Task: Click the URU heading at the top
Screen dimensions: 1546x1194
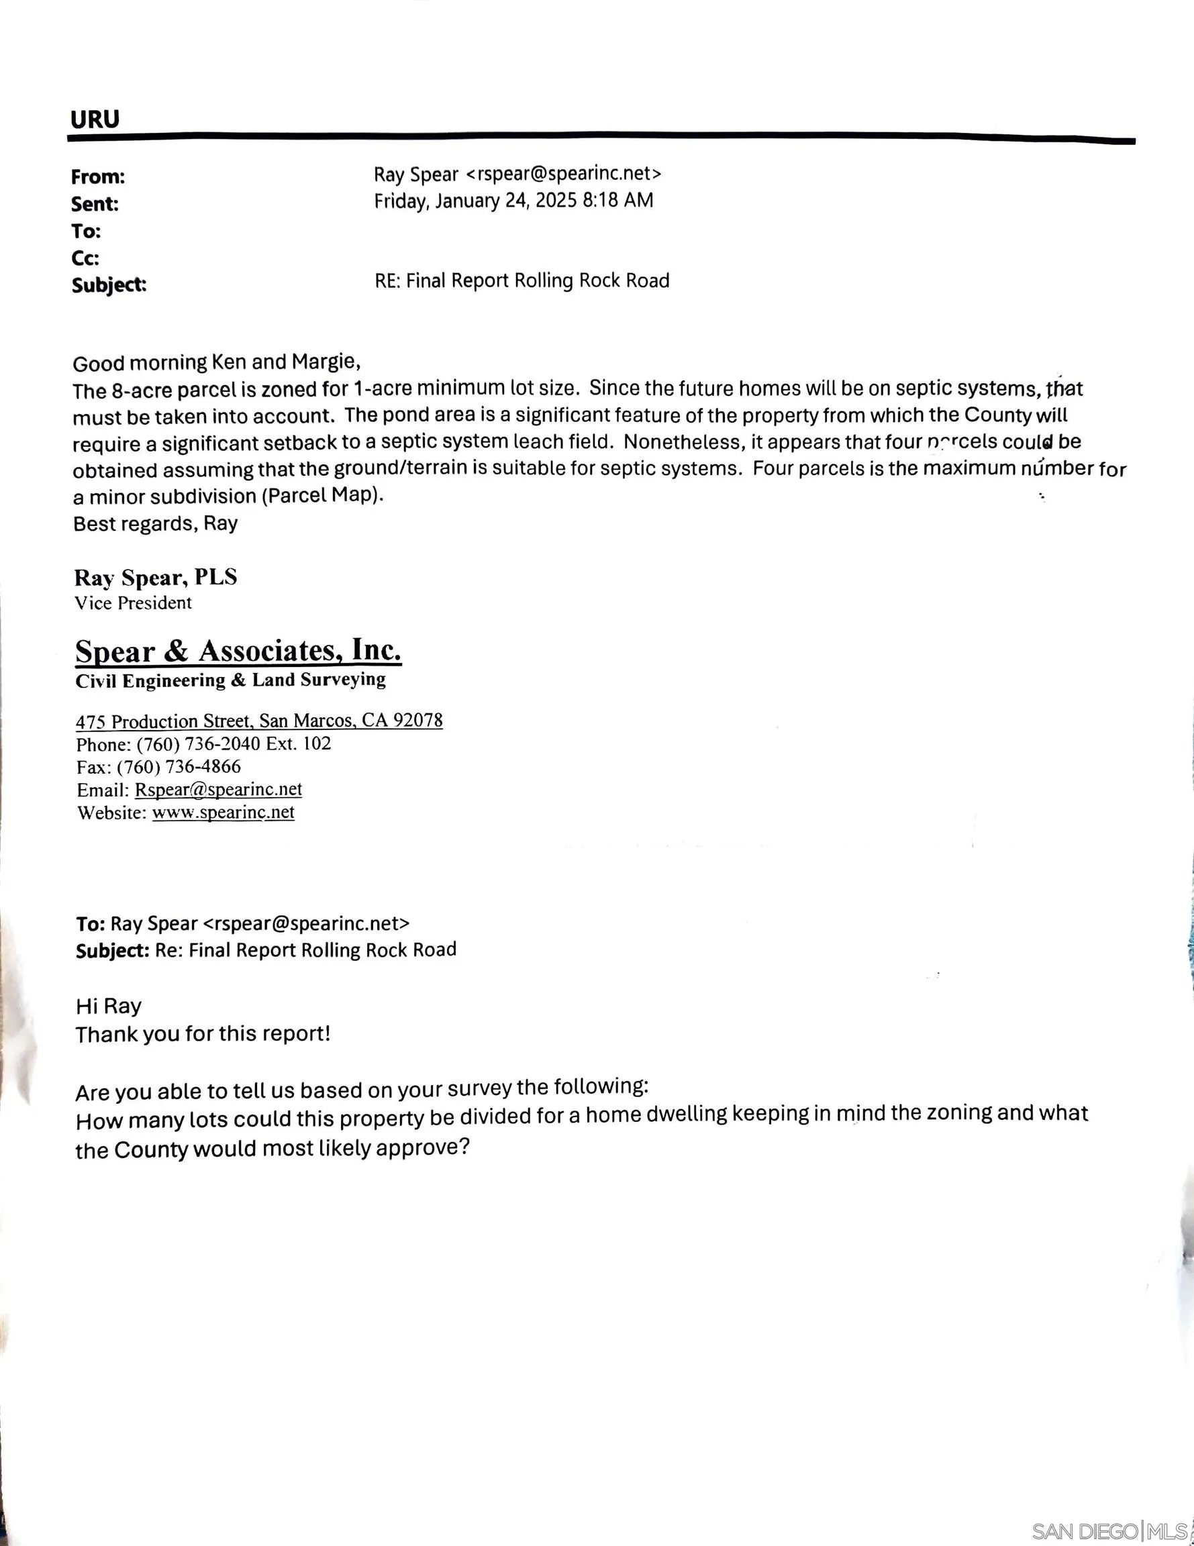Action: pyautogui.click(x=95, y=119)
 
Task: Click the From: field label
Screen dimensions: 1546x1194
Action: pyautogui.click(x=98, y=177)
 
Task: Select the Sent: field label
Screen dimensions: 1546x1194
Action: pyautogui.click(x=95, y=204)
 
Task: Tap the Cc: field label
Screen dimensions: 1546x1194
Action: pyautogui.click(x=86, y=258)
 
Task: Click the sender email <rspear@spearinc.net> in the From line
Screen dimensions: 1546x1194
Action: pyautogui.click(x=564, y=173)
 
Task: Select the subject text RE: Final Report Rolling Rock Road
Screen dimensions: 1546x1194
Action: pyautogui.click(x=522, y=281)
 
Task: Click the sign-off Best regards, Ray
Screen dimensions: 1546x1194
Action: pyautogui.click(x=155, y=524)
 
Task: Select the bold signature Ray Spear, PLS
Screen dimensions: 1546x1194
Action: pyautogui.click(x=156, y=578)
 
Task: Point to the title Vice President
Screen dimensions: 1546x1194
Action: pyautogui.click(x=133, y=603)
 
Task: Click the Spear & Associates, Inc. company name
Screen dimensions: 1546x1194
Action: pyautogui.click(x=239, y=650)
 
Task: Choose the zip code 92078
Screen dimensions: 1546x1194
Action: pyautogui.click(x=418, y=720)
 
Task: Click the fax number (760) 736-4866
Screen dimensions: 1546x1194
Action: pyautogui.click(x=179, y=767)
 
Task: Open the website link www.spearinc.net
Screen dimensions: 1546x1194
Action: pyautogui.click(x=223, y=812)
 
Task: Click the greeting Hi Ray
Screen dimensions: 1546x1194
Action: pyautogui.click(x=108, y=1006)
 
